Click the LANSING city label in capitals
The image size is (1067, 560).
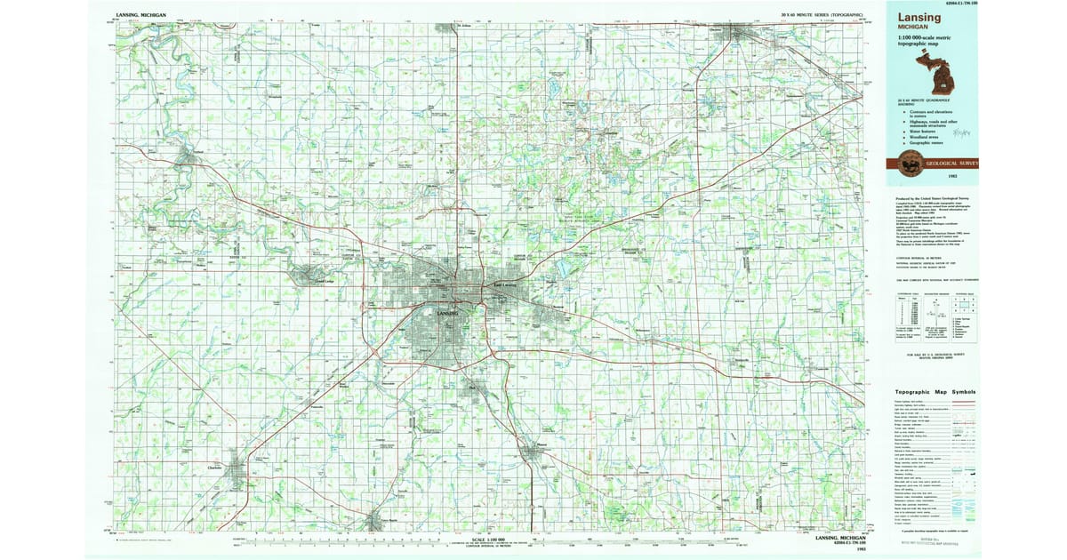(x=449, y=314)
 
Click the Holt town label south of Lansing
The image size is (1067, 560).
(x=472, y=388)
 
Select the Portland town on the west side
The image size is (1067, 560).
(x=188, y=158)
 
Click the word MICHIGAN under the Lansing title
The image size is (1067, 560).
(x=913, y=28)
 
